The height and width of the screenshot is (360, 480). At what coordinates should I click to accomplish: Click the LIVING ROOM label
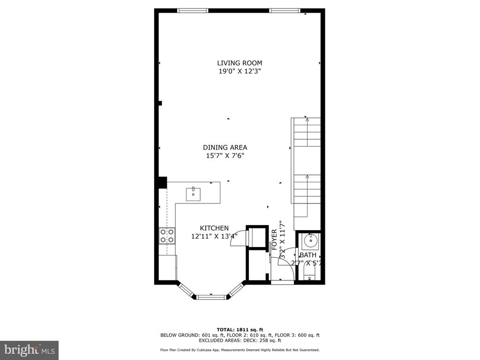point(240,63)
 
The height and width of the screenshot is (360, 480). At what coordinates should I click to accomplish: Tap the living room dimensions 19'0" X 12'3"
point(240,71)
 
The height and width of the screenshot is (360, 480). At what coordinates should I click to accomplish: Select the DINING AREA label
point(225,147)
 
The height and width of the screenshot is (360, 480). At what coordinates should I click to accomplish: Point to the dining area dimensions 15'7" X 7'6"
point(225,156)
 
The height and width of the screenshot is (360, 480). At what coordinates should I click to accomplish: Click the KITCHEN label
point(214,228)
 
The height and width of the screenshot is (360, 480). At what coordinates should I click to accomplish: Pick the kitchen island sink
point(193,194)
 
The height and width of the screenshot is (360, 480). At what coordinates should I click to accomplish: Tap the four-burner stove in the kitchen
point(167,236)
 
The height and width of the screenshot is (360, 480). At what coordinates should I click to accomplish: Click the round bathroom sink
point(311,240)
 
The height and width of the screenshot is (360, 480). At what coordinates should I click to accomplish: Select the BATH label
point(308,255)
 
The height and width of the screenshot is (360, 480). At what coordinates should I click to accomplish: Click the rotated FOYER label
point(274,240)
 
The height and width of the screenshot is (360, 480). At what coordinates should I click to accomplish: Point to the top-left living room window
point(193,11)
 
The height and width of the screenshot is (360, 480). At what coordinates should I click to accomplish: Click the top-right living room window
point(285,11)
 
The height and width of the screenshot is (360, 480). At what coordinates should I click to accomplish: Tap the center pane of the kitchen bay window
point(211,297)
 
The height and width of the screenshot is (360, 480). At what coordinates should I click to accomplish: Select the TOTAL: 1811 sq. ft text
point(240,330)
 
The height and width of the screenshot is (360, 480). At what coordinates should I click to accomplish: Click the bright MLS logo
point(30,350)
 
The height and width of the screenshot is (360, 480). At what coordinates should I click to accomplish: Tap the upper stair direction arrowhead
point(307,120)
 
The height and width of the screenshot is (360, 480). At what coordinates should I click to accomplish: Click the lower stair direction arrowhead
point(307,176)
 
